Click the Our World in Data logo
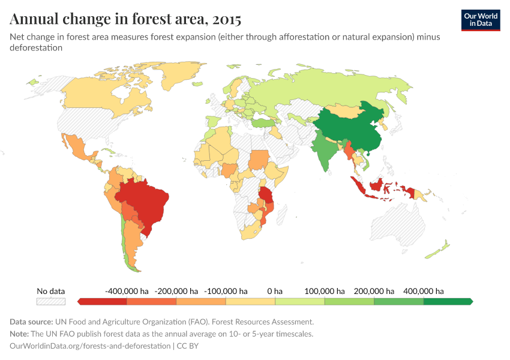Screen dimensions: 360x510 [480, 20]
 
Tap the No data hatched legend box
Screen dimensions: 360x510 [50, 301]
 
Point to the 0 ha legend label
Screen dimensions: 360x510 [275, 291]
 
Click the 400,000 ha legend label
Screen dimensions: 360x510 [423, 291]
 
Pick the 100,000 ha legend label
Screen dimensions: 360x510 [325, 291]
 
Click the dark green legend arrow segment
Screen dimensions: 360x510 [448, 301]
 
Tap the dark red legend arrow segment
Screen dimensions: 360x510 [102, 301]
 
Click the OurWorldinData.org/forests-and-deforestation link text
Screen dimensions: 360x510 [91, 346]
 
